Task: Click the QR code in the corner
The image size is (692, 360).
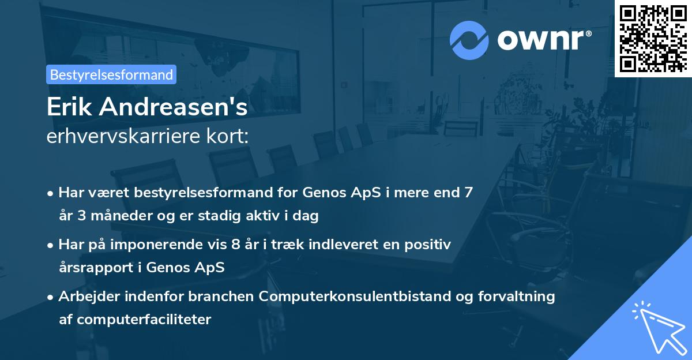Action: click(653, 38)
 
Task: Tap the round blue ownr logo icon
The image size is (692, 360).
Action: click(469, 39)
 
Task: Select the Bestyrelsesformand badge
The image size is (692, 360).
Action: click(111, 74)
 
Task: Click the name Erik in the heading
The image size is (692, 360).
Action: click(68, 107)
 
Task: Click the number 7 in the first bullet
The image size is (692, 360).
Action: click(468, 192)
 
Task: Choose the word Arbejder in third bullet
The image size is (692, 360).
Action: click(88, 296)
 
